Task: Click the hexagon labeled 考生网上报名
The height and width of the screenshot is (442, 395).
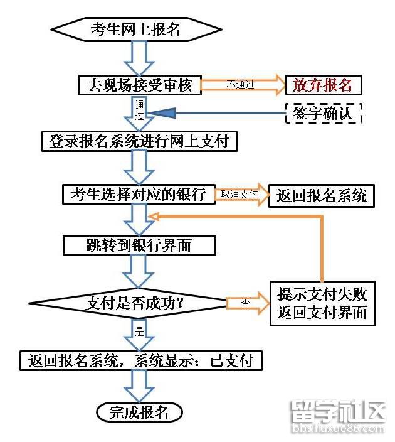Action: pyautogui.click(x=135, y=30)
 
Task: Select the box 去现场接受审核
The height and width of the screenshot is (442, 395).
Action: pyautogui.click(x=139, y=84)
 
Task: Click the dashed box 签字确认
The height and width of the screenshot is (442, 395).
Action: pyautogui.click(x=323, y=113)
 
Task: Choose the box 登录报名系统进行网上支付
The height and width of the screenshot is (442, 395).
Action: pyautogui.click(x=139, y=141)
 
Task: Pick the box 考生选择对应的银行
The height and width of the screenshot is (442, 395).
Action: pyautogui.click(x=139, y=194)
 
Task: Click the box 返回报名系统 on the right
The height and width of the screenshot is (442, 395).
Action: pyautogui.click(x=322, y=195)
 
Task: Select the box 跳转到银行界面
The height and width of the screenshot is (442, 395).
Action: pyautogui.click(x=139, y=245)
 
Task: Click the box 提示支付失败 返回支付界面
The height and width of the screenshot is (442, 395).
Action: pyautogui.click(x=322, y=303)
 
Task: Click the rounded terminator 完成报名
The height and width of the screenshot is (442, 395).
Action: pyautogui.click(x=139, y=412)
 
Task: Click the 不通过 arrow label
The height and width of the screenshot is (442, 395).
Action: pyautogui.click(x=240, y=84)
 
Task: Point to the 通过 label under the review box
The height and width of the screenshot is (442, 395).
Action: pyautogui.click(x=140, y=110)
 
